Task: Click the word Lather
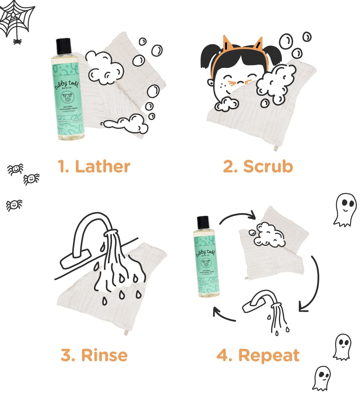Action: pos(103,167)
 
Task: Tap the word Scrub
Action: pos(268,166)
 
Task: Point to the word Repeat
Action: pos(268,355)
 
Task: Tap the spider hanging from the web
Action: pos(17,41)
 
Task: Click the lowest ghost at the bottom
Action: pos(321,378)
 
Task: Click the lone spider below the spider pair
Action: pos(14,205)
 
